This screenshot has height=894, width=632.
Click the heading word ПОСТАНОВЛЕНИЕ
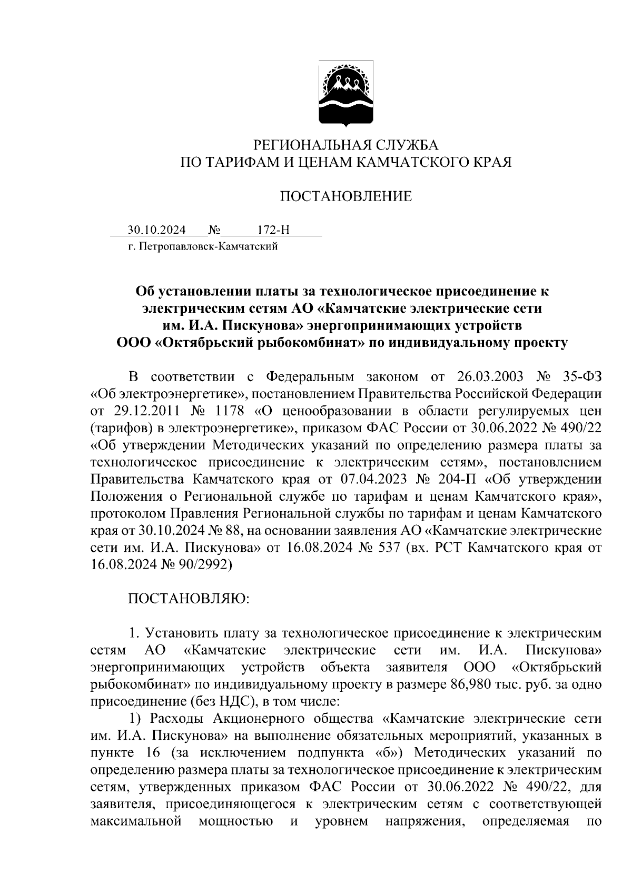(345, 197)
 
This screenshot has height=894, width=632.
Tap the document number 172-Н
(273, 230)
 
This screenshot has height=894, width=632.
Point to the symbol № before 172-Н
(214, 230)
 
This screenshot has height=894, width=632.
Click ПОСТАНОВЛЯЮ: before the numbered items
(189, 599)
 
